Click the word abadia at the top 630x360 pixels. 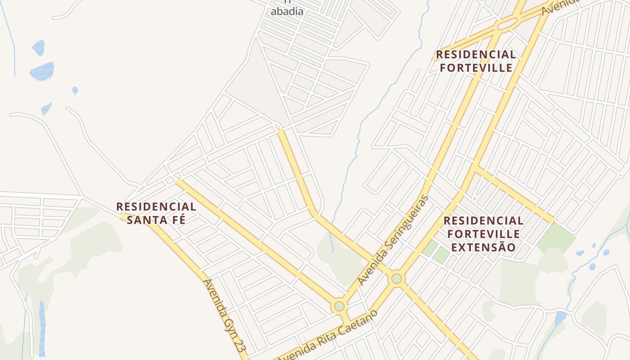[x=287, y=12]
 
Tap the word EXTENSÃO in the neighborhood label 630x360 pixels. [x=484, y=247]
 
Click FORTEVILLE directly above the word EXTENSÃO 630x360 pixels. [x=484, y=234]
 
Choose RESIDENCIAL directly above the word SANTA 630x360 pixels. [x=156, y=207]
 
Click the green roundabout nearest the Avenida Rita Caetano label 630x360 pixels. [x=339, y=306]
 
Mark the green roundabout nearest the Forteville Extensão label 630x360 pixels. [x=396, y=279]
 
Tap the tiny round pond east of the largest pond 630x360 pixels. [x=75, y=90]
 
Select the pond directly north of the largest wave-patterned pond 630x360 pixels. [x=39, y=47]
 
